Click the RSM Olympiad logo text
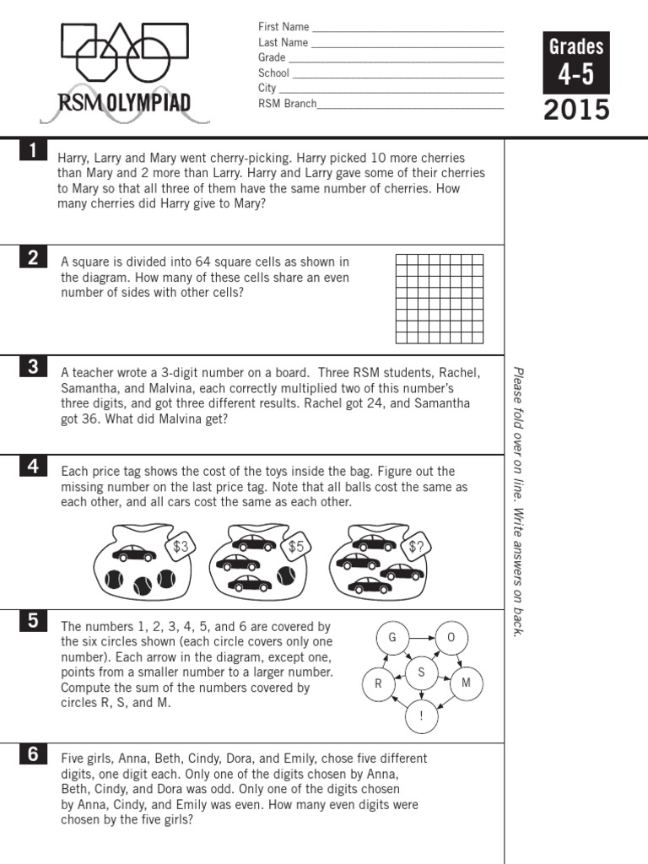(x=124, y=104)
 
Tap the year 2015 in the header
(x=575, y=111)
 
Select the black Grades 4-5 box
(x=575, y=63)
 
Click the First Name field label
(x=283, y=27)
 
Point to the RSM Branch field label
(x=287, y=104)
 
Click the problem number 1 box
(x=33, y=151)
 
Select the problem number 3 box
(x=33, y=366)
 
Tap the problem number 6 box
(x=33, y=755)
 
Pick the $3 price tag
(x=181, y=547)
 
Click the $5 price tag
(x=295, y=547)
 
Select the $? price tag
(x=416, y=547)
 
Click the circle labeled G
(x=392, y=638)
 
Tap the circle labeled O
(x=451, y=638)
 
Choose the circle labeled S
(x=421, y=672)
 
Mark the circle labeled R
(x=378, y=684)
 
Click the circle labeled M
(x=466, y=683)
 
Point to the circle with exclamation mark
(x=421, y=718)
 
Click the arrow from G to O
(x=421, y=638)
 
